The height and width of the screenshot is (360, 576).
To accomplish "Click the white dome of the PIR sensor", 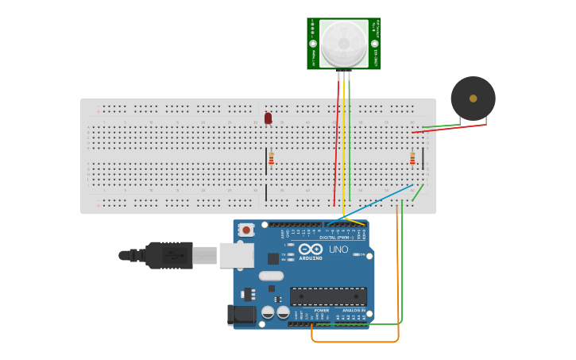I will (344, 43).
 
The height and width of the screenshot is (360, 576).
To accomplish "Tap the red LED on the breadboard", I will (268, 118).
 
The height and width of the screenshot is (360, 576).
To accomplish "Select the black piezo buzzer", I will (473, 99).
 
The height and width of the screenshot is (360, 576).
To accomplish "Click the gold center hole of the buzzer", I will (473, 99).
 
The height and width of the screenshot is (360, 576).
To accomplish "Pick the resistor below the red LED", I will (271, 158).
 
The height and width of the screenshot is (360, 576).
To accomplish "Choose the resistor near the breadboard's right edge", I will (412, 158).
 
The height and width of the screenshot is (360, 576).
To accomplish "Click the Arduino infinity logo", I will (311, 250).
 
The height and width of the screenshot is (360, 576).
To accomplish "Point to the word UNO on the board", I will (338, 250).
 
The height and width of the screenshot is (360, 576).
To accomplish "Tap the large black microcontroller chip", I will (327, 296).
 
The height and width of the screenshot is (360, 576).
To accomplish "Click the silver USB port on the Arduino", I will (237, 255).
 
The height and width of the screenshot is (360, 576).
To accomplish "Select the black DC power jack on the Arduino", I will (241, 315).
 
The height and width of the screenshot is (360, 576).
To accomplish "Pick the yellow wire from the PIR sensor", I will (343, 143).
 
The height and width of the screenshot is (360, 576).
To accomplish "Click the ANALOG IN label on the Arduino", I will (354, 310).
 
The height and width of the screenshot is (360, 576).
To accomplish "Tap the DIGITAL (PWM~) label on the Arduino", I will (337, 237).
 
